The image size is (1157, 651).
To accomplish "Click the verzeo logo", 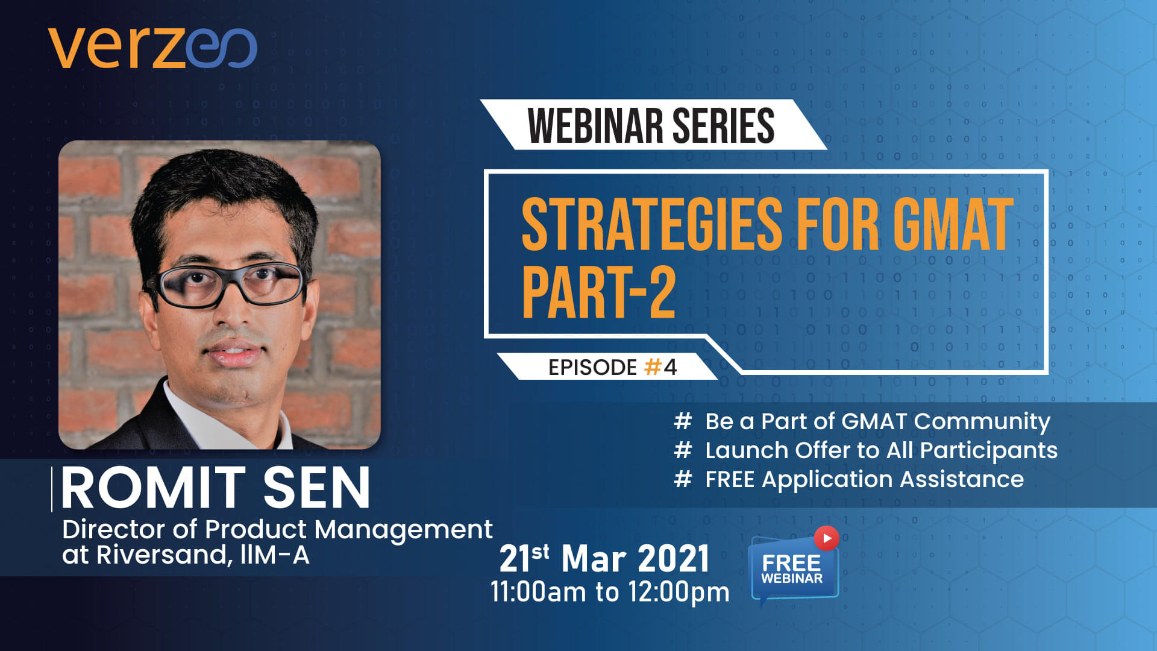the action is click(x=153, y=48).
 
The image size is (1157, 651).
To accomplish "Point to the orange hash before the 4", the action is click(x=653, y=367).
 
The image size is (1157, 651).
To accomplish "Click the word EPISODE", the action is click(x=592, y=367).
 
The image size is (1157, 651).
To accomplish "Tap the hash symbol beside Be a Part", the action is click(x=683, y=421).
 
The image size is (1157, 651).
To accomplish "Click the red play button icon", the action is click(x=826, y=538).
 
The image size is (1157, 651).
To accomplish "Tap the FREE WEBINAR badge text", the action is click(x=792, y=569).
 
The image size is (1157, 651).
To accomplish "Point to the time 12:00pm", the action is click(x=679, y=593).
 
